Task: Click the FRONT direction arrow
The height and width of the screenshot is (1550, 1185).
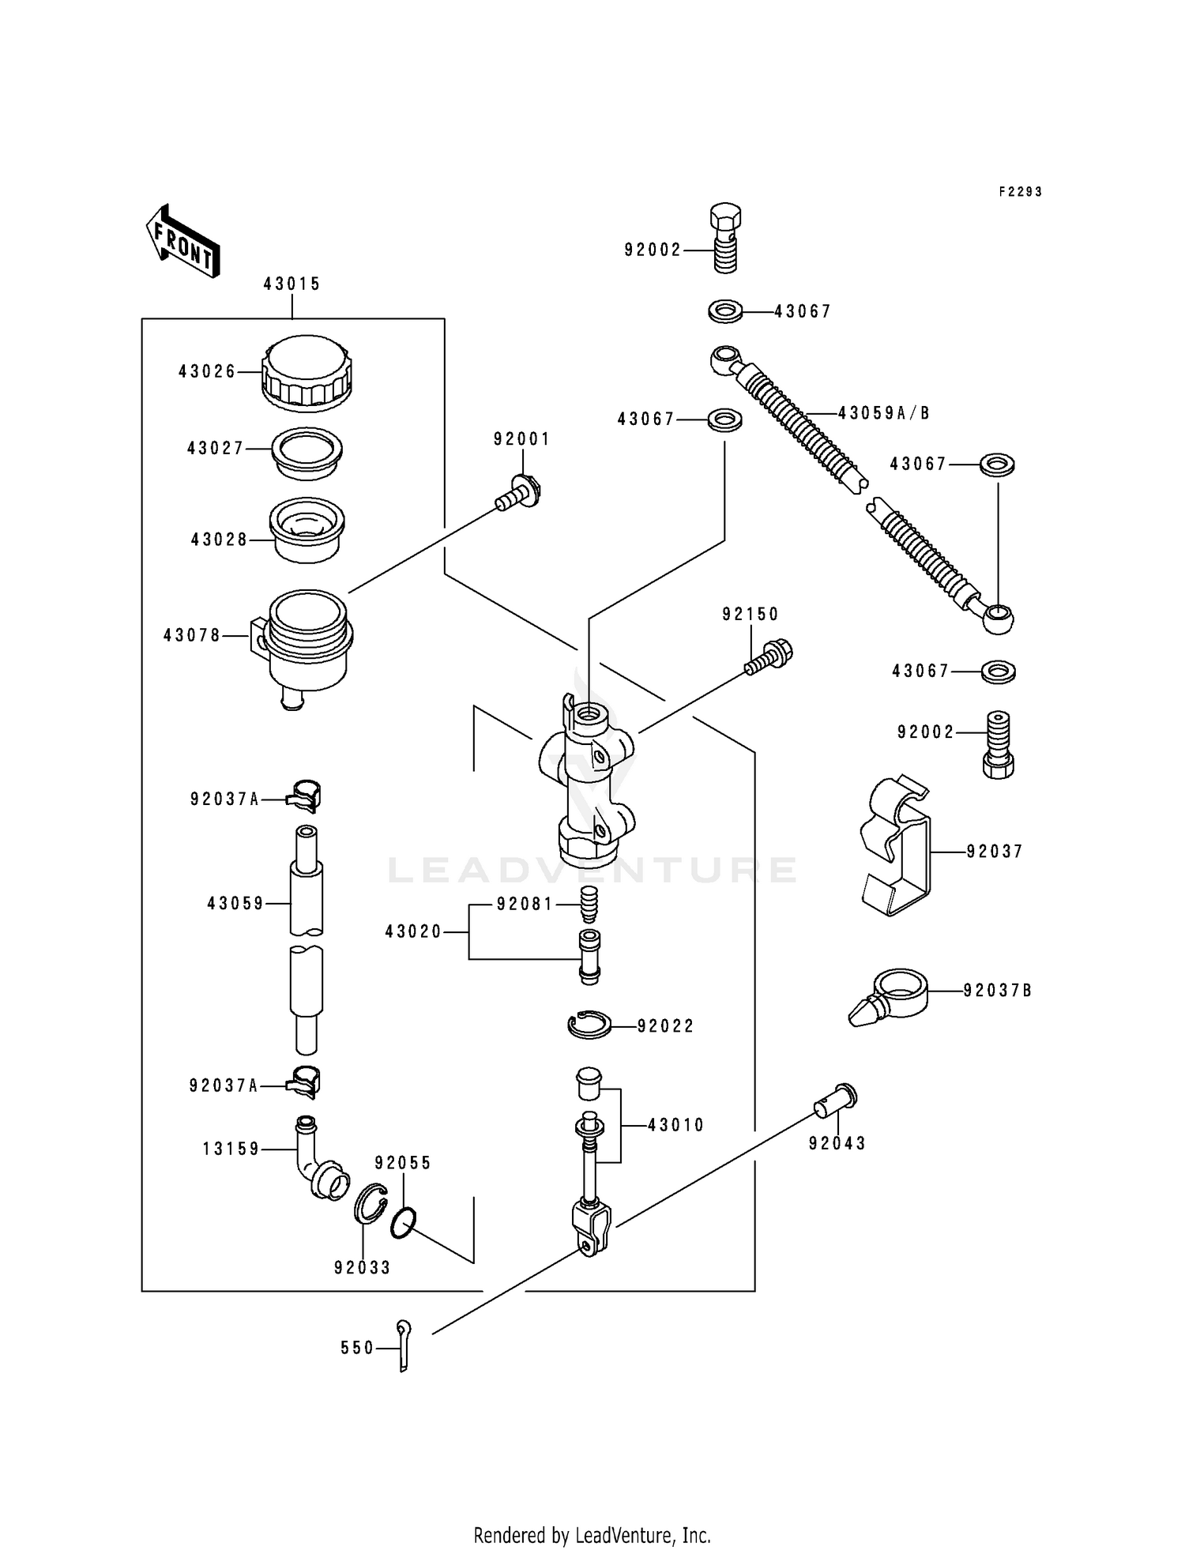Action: coord(182,241)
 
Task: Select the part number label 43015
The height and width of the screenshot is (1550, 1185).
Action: coord(292,284)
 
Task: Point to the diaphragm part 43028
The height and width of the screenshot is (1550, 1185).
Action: coord(307,529)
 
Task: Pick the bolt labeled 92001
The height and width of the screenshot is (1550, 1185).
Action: coord(521,494)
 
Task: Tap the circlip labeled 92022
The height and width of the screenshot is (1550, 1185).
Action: coord(589,1025)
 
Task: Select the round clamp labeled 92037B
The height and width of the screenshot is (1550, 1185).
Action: coord(891,997)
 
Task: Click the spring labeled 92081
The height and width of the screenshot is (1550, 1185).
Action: coord(589,904)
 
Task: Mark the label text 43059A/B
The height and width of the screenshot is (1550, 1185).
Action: coord(883,413)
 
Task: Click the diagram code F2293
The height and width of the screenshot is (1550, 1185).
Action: coord(1020,192)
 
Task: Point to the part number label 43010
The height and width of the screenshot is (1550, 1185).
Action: coord(675,1125)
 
